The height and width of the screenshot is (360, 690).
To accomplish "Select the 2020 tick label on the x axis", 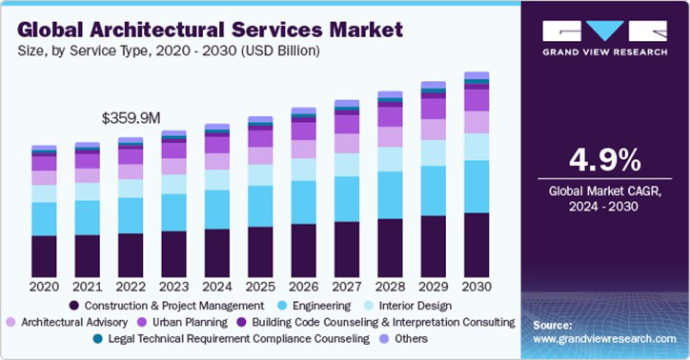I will pos(44,286).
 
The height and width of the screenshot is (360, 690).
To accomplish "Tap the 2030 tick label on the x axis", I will pos(476,286).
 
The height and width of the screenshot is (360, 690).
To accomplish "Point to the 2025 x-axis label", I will pos(259,286).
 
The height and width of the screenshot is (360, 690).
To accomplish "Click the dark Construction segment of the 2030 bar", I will pos(476,244).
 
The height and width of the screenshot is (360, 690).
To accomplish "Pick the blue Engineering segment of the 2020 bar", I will pos(44,218).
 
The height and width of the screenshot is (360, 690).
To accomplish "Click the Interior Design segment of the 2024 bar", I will pos(216,179).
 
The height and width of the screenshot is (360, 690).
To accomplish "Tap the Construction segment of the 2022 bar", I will pos(131,254).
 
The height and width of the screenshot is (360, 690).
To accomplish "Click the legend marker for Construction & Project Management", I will pos(74,306).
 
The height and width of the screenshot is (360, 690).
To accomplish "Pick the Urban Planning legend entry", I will pos(190,322).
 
